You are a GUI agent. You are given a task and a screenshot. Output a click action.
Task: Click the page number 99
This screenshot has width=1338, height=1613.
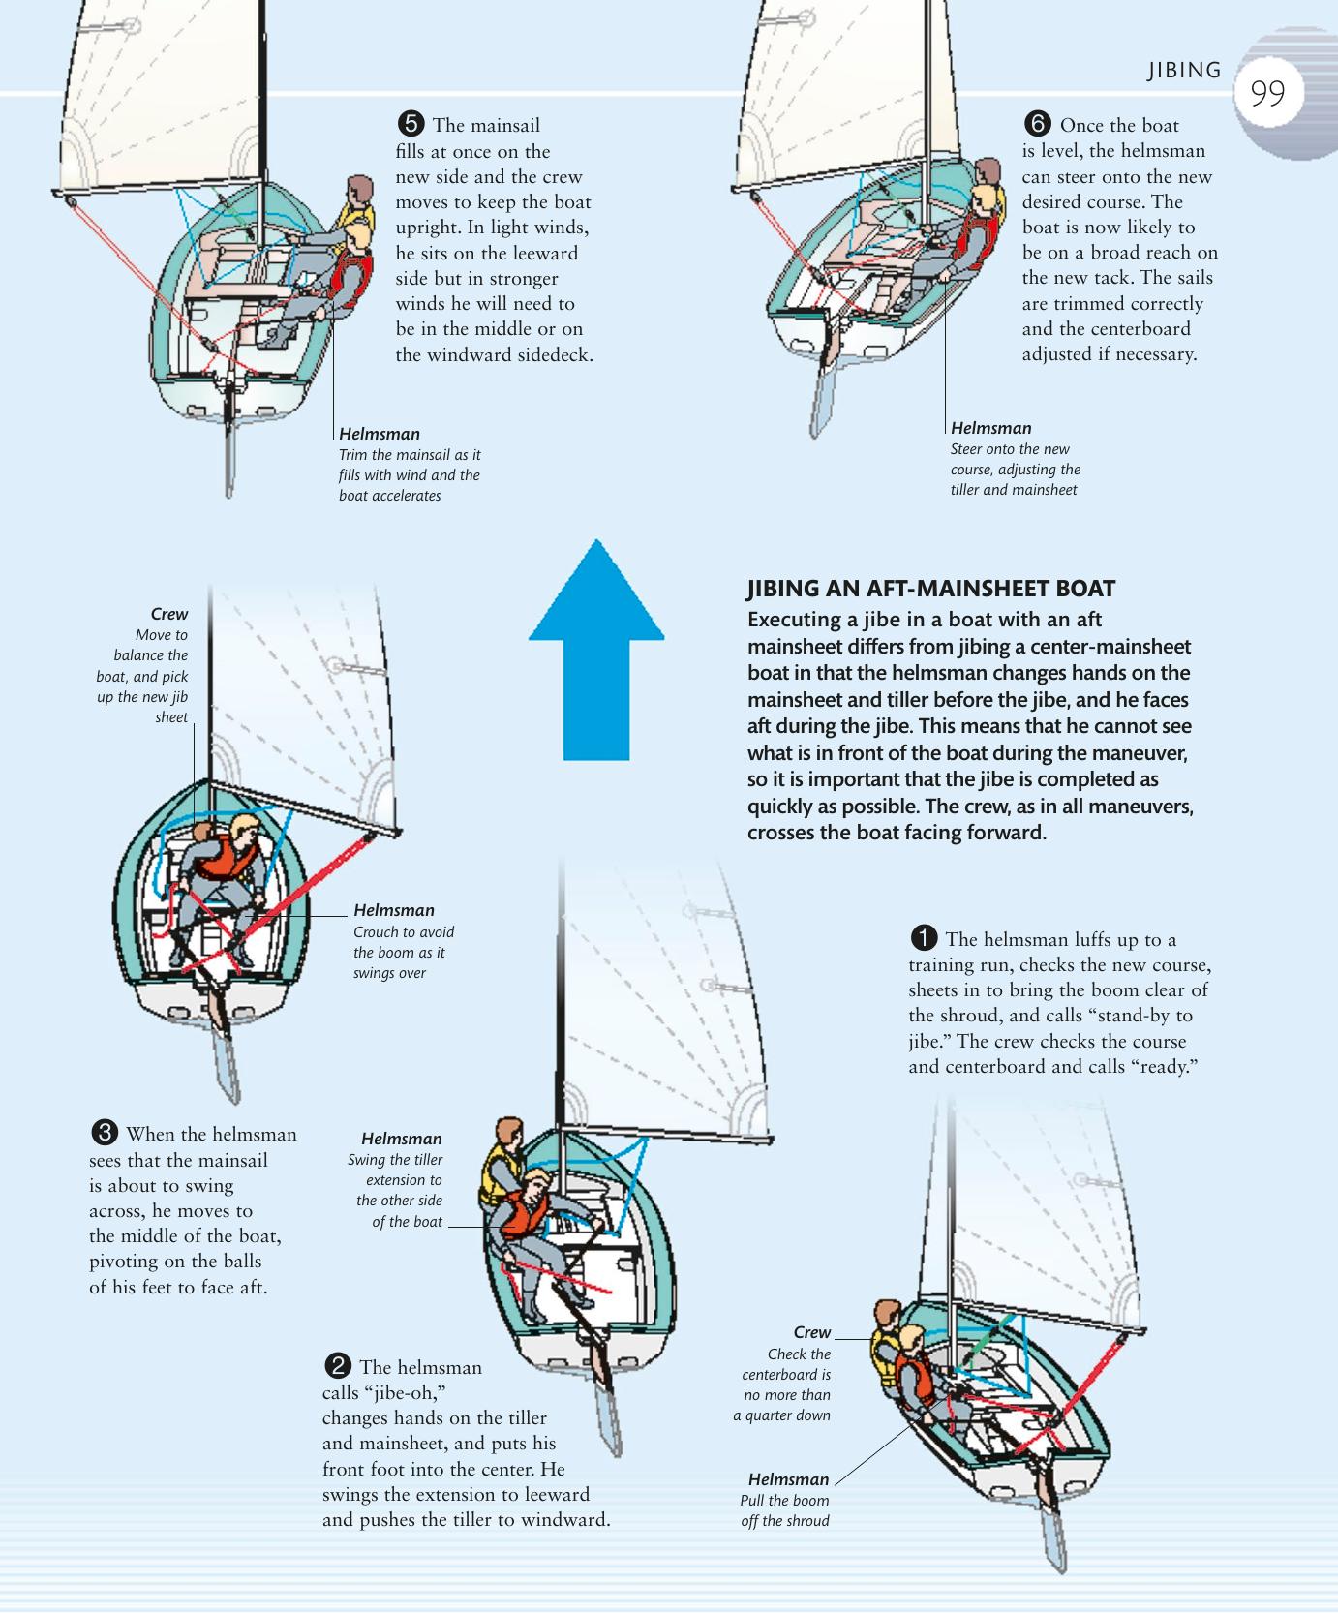coord(1267,93)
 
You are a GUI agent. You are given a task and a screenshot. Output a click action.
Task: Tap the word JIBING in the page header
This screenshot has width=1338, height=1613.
coord(1184,71)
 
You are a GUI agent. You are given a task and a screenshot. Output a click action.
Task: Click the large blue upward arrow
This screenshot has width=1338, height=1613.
coord(596,649)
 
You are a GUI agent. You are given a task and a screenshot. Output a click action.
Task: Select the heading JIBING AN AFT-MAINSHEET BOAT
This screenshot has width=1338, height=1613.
coord(930,589)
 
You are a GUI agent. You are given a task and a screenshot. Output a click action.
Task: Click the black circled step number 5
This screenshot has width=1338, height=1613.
coord(411,124)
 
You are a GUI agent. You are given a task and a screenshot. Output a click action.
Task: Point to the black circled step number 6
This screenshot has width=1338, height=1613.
coord(1037,124)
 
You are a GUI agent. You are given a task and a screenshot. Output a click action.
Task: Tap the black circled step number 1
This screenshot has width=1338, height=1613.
coord(924,938)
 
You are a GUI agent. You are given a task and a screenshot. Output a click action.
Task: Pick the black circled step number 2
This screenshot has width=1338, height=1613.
coord(337,1366)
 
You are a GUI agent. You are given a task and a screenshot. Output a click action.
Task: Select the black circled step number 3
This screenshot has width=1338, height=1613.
coord(104,1133)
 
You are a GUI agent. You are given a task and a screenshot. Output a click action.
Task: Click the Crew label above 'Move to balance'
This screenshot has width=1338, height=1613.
coord(168,614)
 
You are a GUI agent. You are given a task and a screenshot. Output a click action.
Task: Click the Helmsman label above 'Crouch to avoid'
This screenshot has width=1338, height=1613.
coord(393,910)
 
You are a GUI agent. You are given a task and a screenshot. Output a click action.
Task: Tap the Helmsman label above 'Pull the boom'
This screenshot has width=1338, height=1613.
coord(788,1479)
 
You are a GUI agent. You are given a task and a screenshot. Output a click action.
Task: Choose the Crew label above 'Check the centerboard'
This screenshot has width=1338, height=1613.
coord(811,1332)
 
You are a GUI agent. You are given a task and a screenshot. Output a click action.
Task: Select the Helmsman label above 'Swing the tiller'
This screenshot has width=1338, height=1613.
coord(401,1139)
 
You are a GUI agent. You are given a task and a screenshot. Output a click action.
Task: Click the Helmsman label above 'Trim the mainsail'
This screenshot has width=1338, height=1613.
coord(379,434)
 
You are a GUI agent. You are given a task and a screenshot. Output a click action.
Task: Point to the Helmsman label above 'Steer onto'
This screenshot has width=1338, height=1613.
coord(990,428)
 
